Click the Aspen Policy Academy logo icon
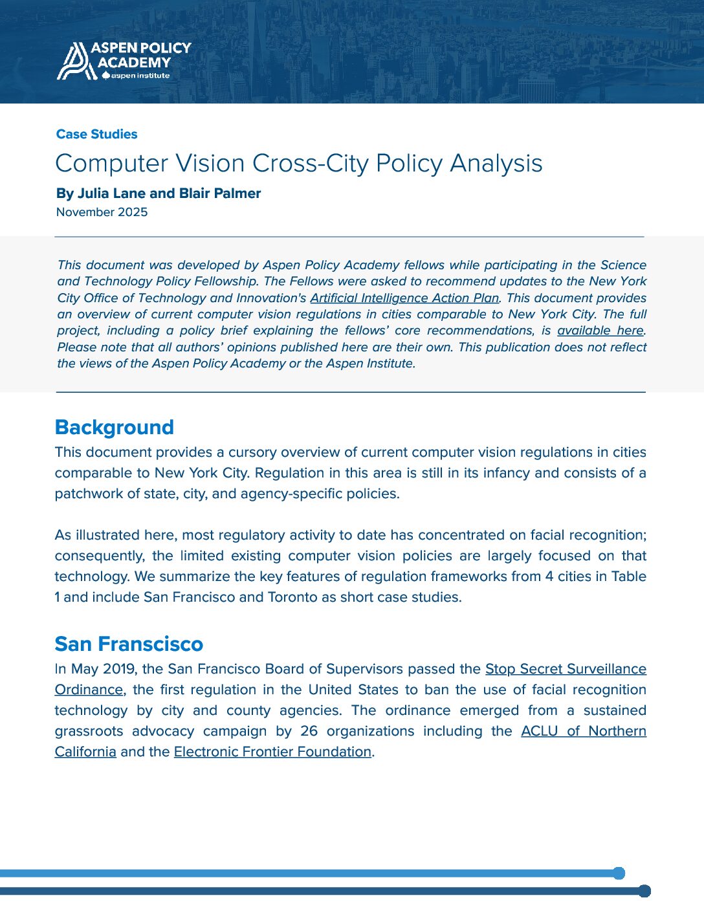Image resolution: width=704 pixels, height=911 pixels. click(72, 61)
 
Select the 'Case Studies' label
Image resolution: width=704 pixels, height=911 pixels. click(96, 134)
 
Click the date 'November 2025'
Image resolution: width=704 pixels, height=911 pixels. click(102, 212)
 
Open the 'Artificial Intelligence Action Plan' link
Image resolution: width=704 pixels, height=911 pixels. click(404, 298)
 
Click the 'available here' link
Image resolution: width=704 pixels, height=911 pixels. click(600, 331)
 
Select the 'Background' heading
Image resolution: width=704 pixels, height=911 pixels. click(114, 427)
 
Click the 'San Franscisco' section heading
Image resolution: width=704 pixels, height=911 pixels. click(129, 644)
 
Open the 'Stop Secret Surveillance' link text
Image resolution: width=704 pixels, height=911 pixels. click(566, 669)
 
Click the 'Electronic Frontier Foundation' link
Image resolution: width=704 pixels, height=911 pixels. click(272, 752)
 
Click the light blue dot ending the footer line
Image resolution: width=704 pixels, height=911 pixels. click(619, 873)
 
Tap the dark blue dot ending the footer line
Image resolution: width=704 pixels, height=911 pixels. click(644, 891)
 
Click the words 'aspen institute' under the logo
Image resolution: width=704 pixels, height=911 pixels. click(140, 76)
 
